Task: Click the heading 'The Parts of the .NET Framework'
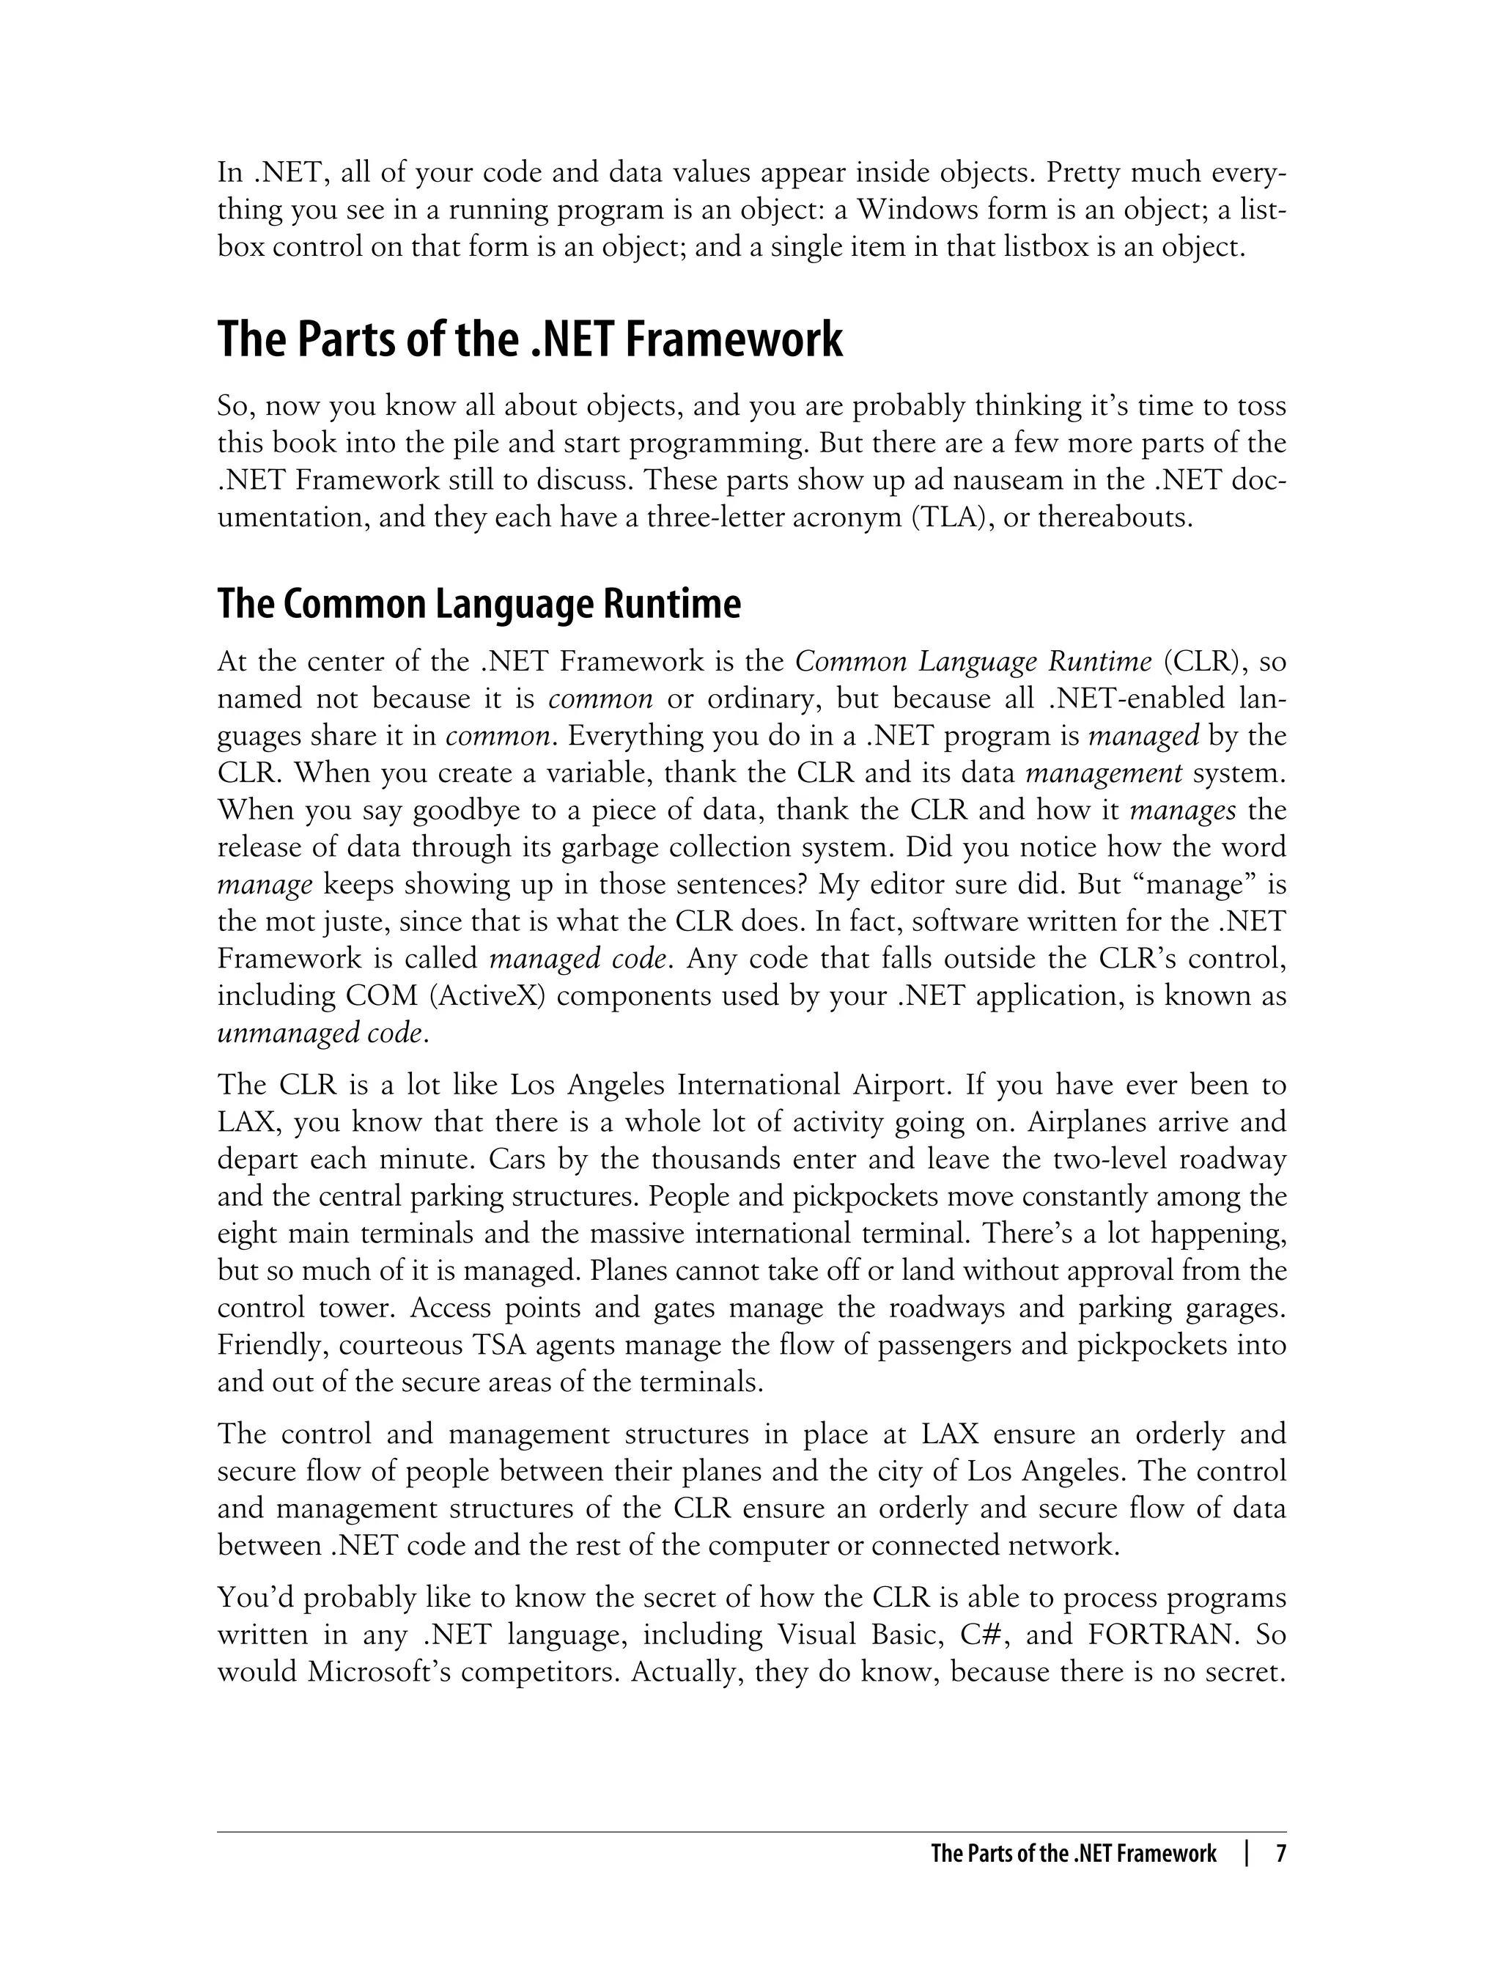point(529,339)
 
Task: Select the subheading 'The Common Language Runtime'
point(479,605)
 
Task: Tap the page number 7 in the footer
point(1280,1853)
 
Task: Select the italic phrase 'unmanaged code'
point(320,1034)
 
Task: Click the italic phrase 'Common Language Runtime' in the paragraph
point(973,662)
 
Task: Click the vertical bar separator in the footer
point(1245,1853)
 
